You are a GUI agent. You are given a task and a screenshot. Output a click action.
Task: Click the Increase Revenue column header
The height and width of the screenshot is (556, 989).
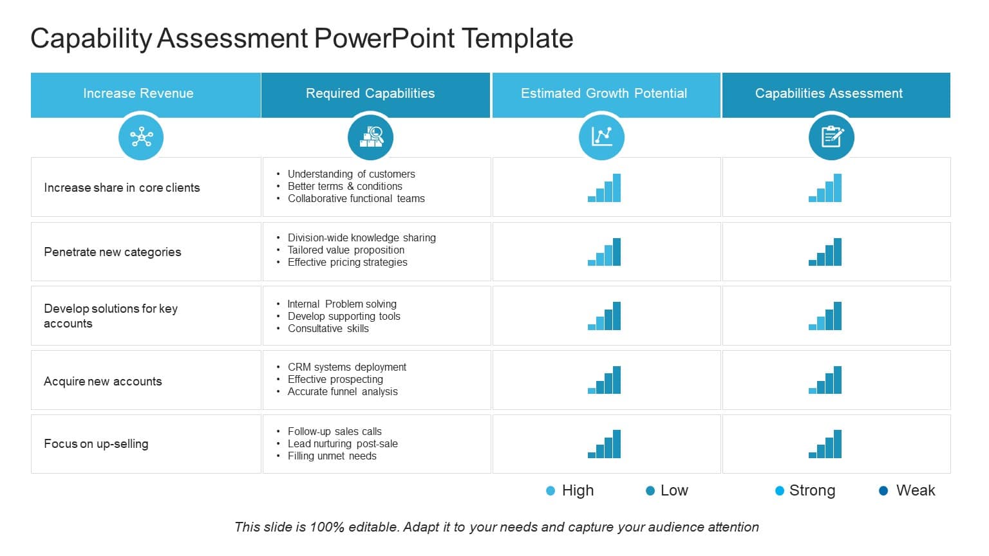tap(138, 93)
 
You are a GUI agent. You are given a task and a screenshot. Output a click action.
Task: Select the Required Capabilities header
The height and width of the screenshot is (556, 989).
tap(370, 93)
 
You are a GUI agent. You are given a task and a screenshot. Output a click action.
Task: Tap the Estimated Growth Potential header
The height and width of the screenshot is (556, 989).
tap(604, 93)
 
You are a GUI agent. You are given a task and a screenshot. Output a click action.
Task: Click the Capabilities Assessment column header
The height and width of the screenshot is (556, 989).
tap(829, 93)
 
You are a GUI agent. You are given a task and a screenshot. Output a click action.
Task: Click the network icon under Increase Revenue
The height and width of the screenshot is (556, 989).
tap(141, 137)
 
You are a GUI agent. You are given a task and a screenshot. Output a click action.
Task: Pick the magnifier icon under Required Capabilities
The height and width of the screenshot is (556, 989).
tap(370, 137)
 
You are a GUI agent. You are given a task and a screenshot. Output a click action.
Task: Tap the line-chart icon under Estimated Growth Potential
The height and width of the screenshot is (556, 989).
tap(601, 137)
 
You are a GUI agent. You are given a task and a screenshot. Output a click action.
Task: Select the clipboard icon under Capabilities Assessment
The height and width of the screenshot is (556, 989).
tap(831, 137)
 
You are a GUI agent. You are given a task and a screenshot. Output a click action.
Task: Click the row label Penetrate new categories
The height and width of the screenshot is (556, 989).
tap(113, 252)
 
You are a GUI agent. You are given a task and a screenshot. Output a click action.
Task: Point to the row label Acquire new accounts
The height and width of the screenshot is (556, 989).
tap(103, 382)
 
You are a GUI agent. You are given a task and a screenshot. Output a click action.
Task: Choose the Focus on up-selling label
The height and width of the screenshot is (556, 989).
tap(96, 444)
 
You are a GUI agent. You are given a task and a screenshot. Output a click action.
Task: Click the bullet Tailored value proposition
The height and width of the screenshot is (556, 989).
tap(346, 250)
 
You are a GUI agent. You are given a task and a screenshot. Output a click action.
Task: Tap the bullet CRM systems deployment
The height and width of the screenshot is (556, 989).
tap(346, 367)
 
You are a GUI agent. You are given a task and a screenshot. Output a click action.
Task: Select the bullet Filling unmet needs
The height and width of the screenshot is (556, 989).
tap(332, 456)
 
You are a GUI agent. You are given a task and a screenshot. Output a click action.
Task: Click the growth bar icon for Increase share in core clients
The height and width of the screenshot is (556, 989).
tap(605, 188)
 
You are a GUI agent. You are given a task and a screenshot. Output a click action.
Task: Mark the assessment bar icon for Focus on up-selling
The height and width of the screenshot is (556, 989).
tap(825, 444)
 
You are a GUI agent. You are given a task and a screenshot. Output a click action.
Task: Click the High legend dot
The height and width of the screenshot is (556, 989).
tap(551, 491)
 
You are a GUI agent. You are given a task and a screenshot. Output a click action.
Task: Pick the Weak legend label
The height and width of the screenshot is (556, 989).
tap(916, 491)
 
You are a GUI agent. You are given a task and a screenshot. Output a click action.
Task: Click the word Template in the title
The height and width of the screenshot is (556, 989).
tap(517, 39)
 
